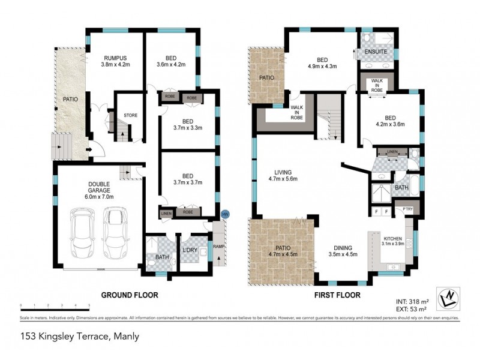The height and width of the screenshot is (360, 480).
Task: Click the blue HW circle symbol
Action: (x=225, y=214)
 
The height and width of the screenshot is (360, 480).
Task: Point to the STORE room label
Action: (x=130, y=115)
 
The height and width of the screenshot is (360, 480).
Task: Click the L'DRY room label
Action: (x=191, y=249)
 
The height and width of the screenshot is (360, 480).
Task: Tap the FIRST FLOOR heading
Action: (x=337, y=295)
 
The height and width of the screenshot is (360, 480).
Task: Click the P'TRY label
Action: (x=408, y=208)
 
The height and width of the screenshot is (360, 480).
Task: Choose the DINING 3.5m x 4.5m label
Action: (x=343, y=251)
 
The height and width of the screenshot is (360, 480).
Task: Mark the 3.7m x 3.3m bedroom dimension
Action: (x=188, y=128)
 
